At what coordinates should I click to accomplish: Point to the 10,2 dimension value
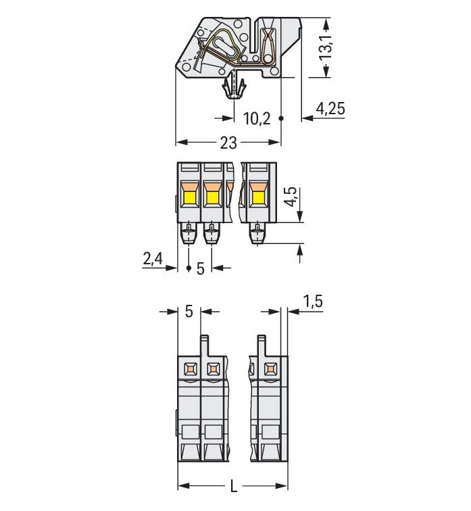pyautogui.click(x=256, y=119)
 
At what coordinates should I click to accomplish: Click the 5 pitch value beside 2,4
pyautogui.click(x=200, y=268)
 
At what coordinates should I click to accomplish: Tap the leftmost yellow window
pyautogui.click(x=189, y=198)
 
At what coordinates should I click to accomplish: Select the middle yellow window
pyautogui.click(x=212, y=198)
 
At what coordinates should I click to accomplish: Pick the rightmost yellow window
pyautogui.click(x=258, y=197)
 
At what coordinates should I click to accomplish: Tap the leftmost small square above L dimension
pyautogui.click(x=190, y=369)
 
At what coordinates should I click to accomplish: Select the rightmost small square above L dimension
pyautogui.click(x=270, y=369)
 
